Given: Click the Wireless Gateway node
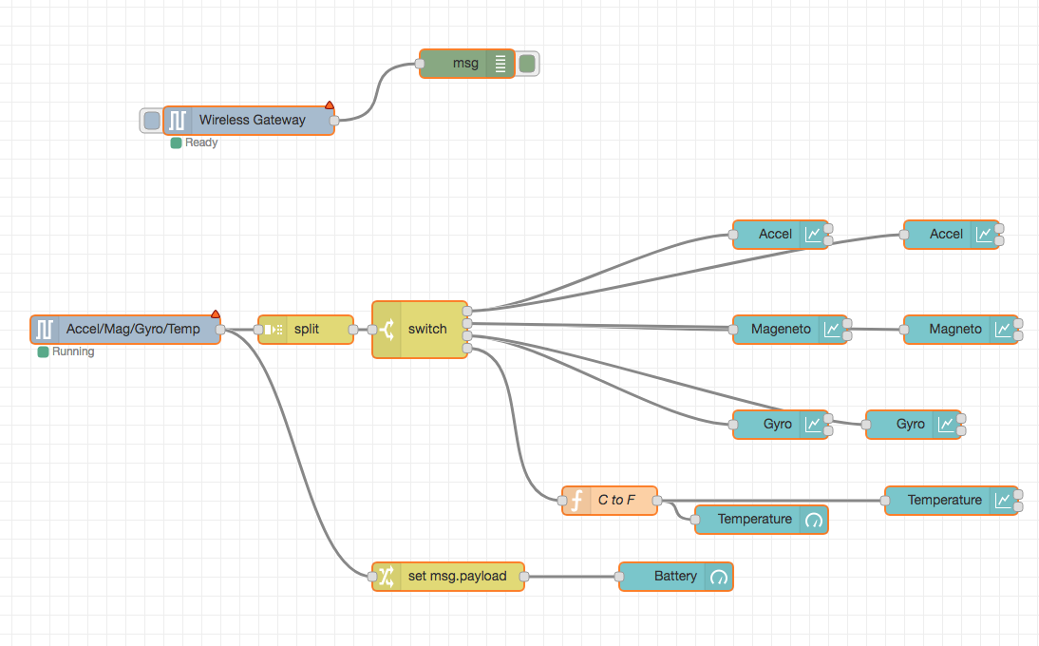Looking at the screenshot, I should click(x=251, y=121).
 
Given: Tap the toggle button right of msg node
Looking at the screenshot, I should click(x=527, y=64).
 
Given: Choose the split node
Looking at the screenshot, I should click(x=306, y=330).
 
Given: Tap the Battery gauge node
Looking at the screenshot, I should click(x=675, y=576).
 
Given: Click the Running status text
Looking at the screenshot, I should click(x=73, y=351).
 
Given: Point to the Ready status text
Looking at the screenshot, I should click(x=201, y=142).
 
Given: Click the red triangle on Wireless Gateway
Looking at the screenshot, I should click(x=330, y=104).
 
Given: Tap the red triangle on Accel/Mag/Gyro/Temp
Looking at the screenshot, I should click(x=216, y=313).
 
